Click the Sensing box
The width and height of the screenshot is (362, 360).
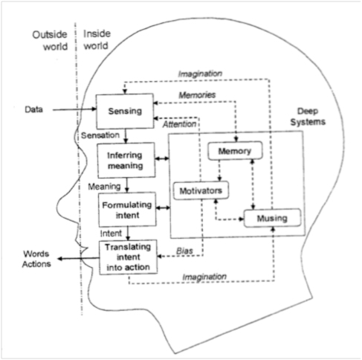(x=125, y=111)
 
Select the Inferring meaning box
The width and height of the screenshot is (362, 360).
(x=126, y=160)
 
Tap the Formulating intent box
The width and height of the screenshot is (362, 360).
(x=127, y=210)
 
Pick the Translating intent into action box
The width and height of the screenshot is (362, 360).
(x=128, y=257)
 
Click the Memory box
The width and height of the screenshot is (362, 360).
(x=235, y=151)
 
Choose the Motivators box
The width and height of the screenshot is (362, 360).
(x=201, y=190)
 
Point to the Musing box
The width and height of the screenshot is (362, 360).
(x=272, y=218)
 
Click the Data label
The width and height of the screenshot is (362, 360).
(x=33, y=109)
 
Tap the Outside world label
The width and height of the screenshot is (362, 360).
(x=50, y=40)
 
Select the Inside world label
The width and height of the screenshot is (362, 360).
(x=97, y=39)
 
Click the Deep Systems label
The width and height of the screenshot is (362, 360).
(x=308, y=117)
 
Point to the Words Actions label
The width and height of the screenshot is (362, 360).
(x=36, y=259)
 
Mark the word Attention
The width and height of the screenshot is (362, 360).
(x=179, y=124)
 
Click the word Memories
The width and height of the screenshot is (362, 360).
(x=197, y=94)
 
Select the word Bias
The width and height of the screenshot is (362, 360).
(x=184, y=251)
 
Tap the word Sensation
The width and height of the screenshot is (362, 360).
(x=100, y=135)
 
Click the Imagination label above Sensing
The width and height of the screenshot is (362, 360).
(x=200, y=74)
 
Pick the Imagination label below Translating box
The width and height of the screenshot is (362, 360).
(x=204, y=277)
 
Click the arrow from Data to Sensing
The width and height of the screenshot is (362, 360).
(x=74, y=109)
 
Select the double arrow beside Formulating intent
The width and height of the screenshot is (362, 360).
(x=164, y=208)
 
